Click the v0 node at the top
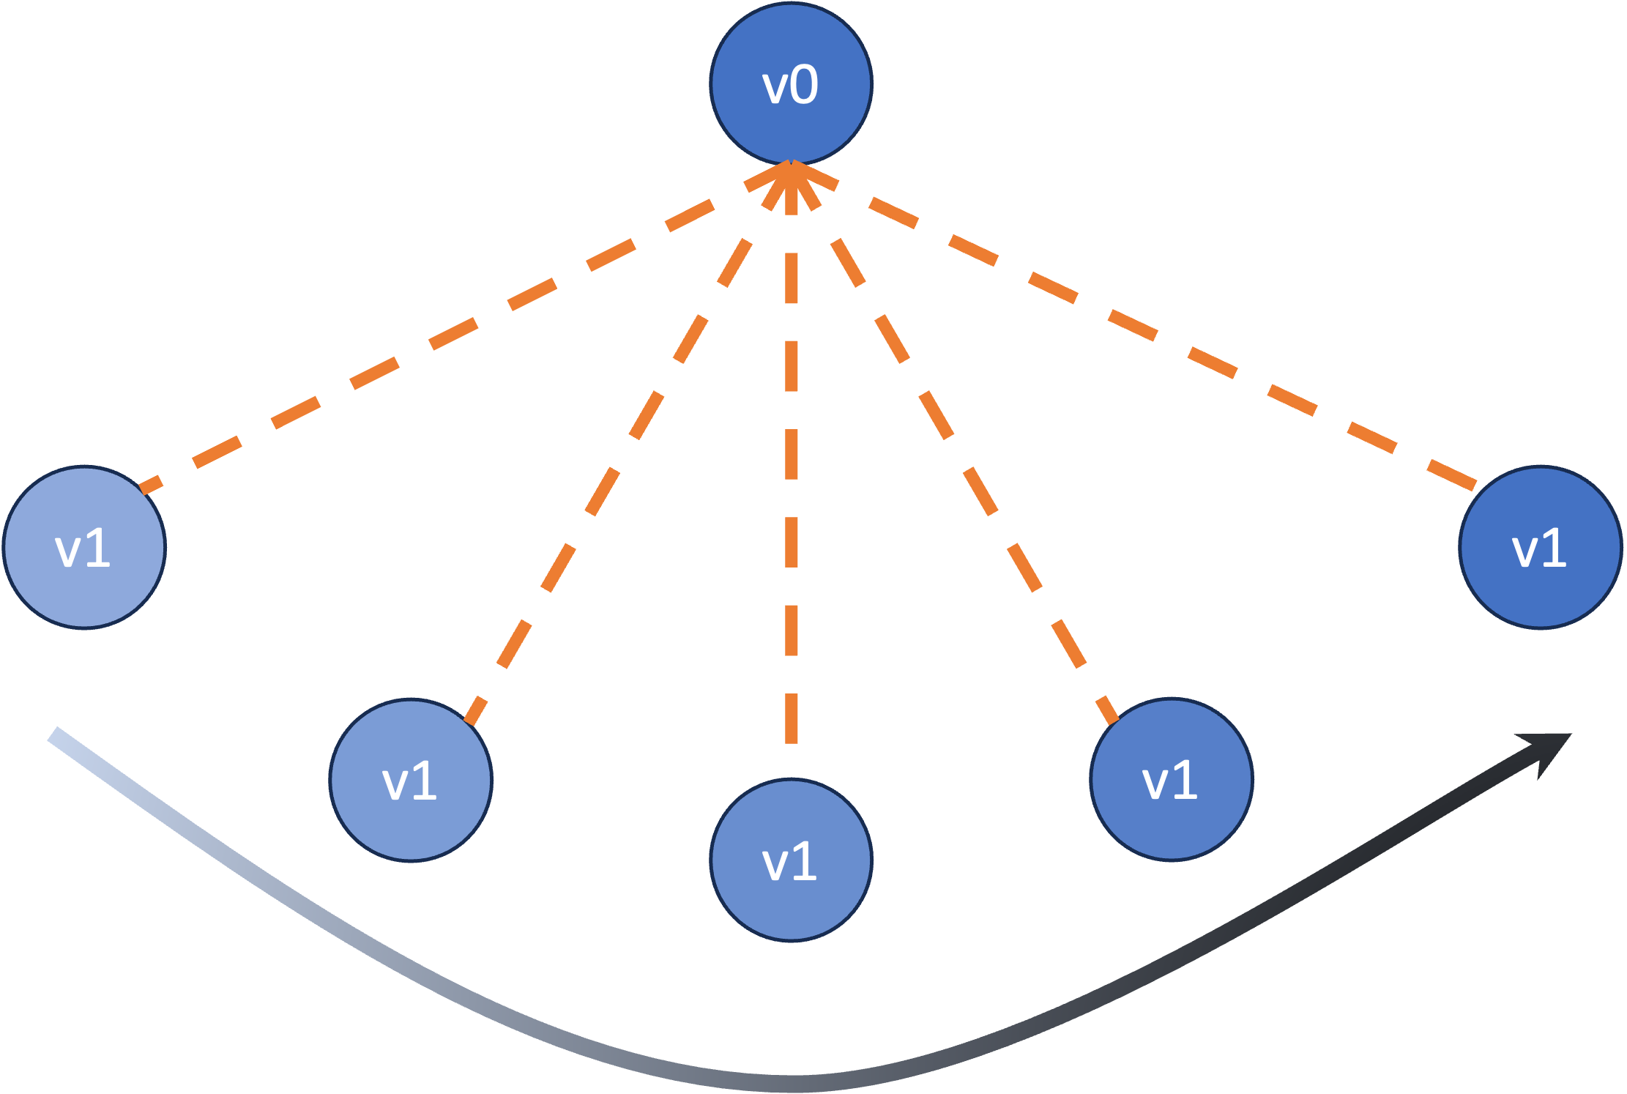[x=791, y=83]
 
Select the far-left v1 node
[x=84, y=547]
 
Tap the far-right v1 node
[x=1540, y=547]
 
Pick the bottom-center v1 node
[x=791, y=860]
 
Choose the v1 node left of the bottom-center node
[x=411, y=780]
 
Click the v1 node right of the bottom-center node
[x=1171, y=779]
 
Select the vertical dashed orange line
[x=792, y=454]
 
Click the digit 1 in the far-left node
[x=98, y=548]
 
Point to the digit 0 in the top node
[x=805, y=85]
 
